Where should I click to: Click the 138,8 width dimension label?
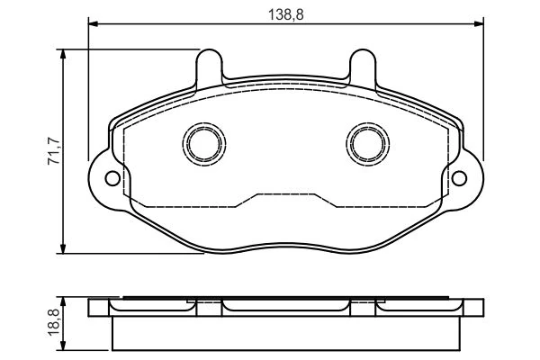286,14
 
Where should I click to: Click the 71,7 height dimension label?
55,151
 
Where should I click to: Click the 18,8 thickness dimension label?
55,322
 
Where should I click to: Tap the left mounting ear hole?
112,178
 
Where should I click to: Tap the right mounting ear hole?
459,178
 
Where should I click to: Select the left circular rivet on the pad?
204,144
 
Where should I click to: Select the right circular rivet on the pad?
368,144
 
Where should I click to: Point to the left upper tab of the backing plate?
209,67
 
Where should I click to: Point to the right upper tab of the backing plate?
363,67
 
